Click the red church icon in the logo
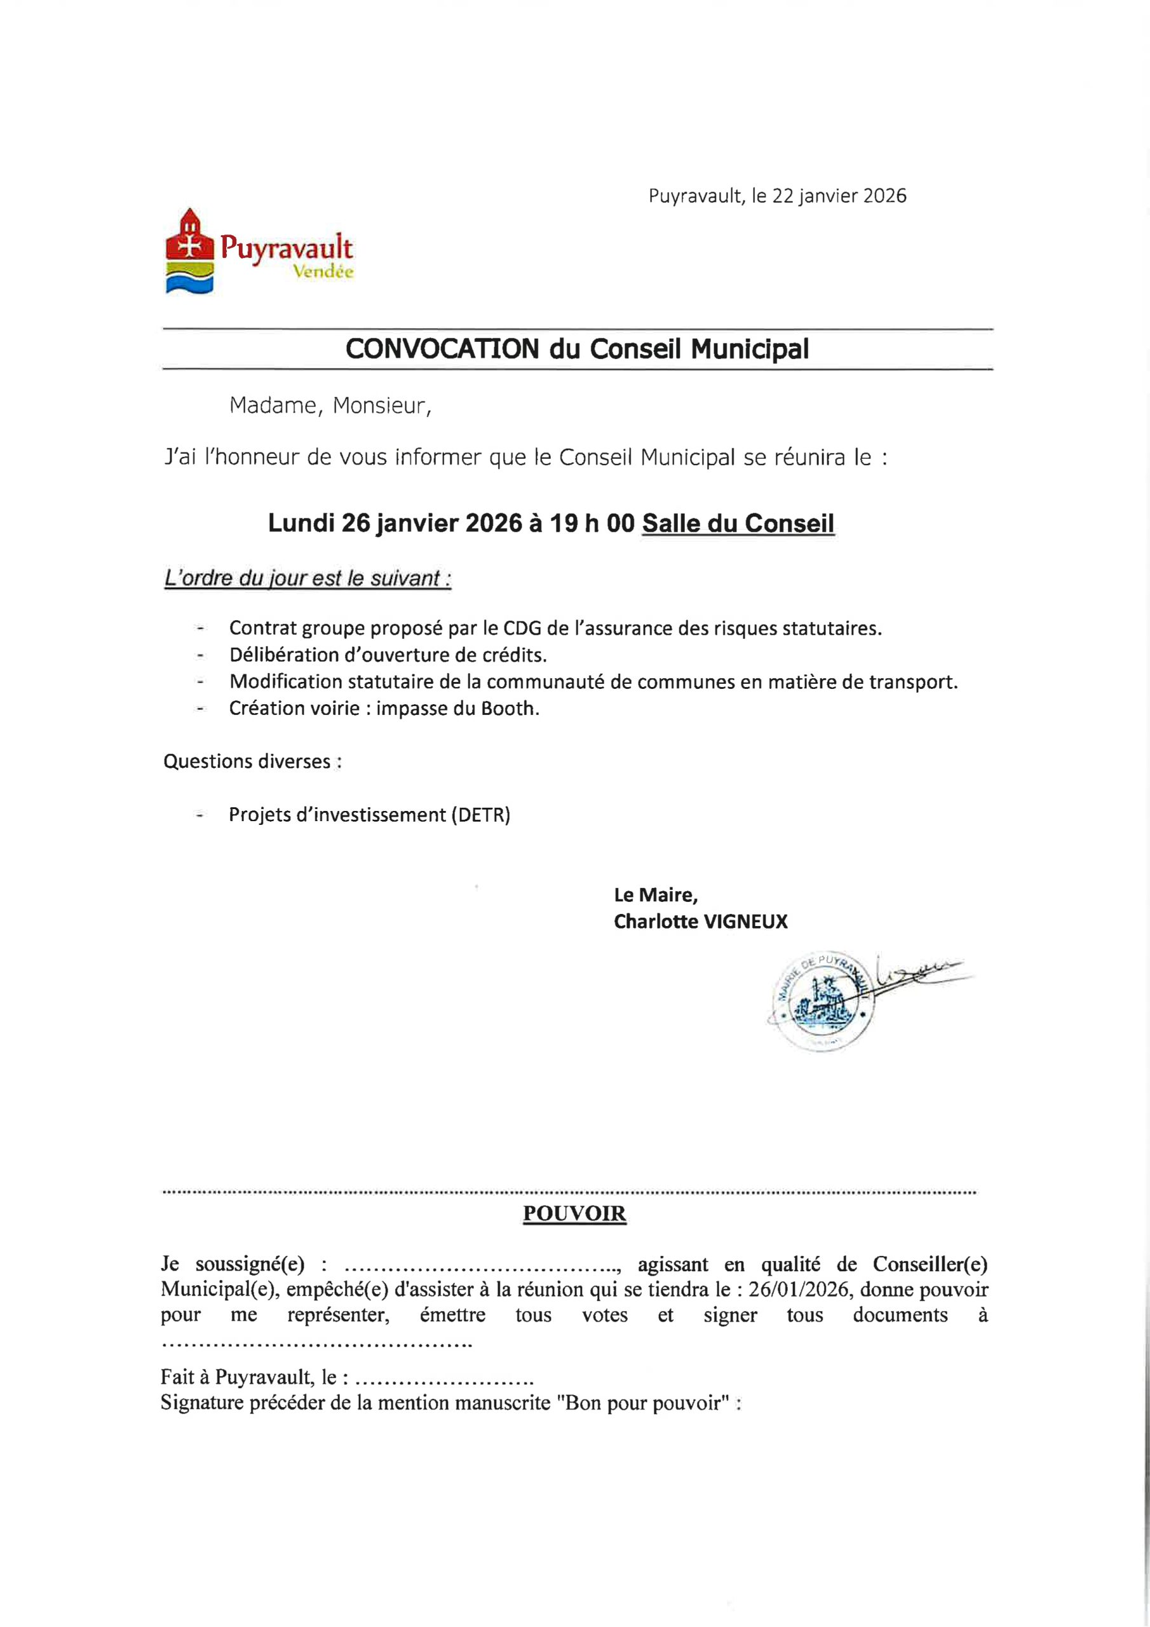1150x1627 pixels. pos(189,238)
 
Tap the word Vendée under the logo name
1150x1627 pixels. pos(323,272)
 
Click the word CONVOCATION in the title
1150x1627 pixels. pos(442,350)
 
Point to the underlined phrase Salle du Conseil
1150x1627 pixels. pos(738,524)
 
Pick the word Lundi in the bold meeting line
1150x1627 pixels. pos(301,524)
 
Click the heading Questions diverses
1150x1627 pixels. pos(252,762)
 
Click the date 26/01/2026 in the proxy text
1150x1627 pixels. pos(798,1290)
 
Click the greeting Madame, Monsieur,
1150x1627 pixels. pos(330,406)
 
